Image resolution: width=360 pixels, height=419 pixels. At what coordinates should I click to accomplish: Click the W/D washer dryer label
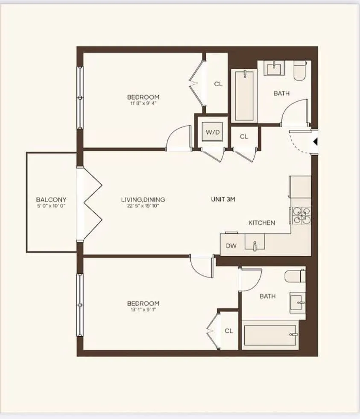[213, 132]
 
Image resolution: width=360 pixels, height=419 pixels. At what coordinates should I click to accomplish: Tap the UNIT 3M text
[223, 199]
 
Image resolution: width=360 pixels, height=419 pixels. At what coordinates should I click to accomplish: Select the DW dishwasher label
[231, 246]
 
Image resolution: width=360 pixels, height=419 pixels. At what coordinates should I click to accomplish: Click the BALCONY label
[51, 199]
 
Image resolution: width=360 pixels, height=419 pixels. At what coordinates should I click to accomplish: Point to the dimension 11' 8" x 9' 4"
[143, 103]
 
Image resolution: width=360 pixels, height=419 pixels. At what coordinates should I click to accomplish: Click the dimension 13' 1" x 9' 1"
[143, 310]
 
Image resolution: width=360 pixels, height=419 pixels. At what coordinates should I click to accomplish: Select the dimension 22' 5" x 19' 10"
[143, 206]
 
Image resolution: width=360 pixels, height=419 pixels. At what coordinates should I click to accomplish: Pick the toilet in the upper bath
[300, 70]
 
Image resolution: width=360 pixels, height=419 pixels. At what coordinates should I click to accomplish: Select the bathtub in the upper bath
[244, 96]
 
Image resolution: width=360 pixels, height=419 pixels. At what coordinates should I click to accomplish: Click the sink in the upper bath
[273, 68]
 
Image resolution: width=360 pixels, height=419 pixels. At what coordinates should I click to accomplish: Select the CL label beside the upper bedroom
[218, 84]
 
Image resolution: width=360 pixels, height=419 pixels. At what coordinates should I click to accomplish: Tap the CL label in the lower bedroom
[229, 331]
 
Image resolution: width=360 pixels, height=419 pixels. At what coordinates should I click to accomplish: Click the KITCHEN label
[262, 223]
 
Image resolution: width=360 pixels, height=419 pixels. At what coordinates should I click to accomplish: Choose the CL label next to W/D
[244, 137]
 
